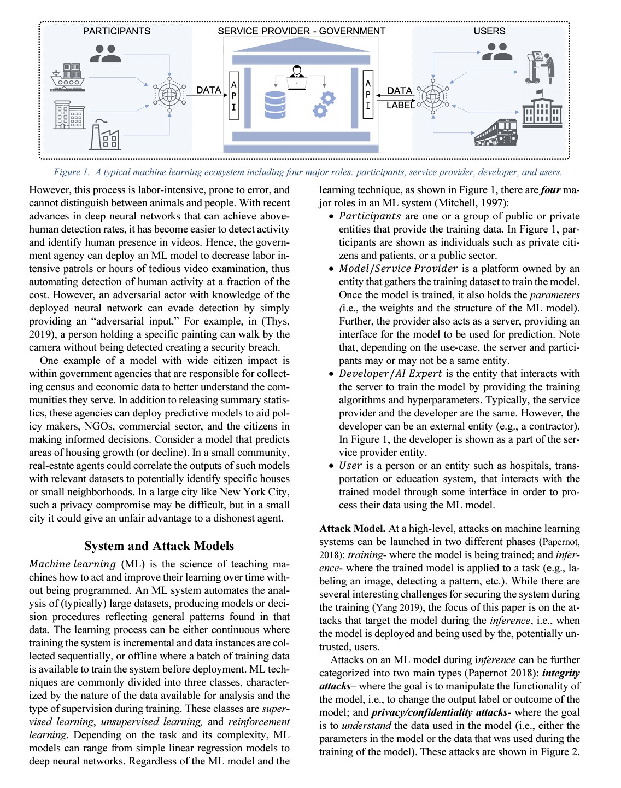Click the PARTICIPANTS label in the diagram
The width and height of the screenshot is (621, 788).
(116, 31)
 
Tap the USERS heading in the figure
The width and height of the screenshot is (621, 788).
(489, 31)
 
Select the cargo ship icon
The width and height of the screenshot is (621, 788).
(68, 77)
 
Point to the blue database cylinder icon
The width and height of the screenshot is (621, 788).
(275, 105)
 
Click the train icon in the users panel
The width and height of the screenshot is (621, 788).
(496, 132)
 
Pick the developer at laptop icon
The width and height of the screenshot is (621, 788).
(297, 77)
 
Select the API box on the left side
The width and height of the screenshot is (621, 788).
(234, 95)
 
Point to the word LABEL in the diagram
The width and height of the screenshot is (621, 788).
(400, 105)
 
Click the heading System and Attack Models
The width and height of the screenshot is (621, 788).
(159, 546)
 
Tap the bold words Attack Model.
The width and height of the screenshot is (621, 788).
(353, 529)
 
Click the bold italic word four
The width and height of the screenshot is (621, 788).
(550, 190)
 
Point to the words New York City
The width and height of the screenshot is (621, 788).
(255, 492)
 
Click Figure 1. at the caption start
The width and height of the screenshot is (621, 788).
(71, 172)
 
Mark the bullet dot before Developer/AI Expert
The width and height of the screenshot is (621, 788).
(331, 374)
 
